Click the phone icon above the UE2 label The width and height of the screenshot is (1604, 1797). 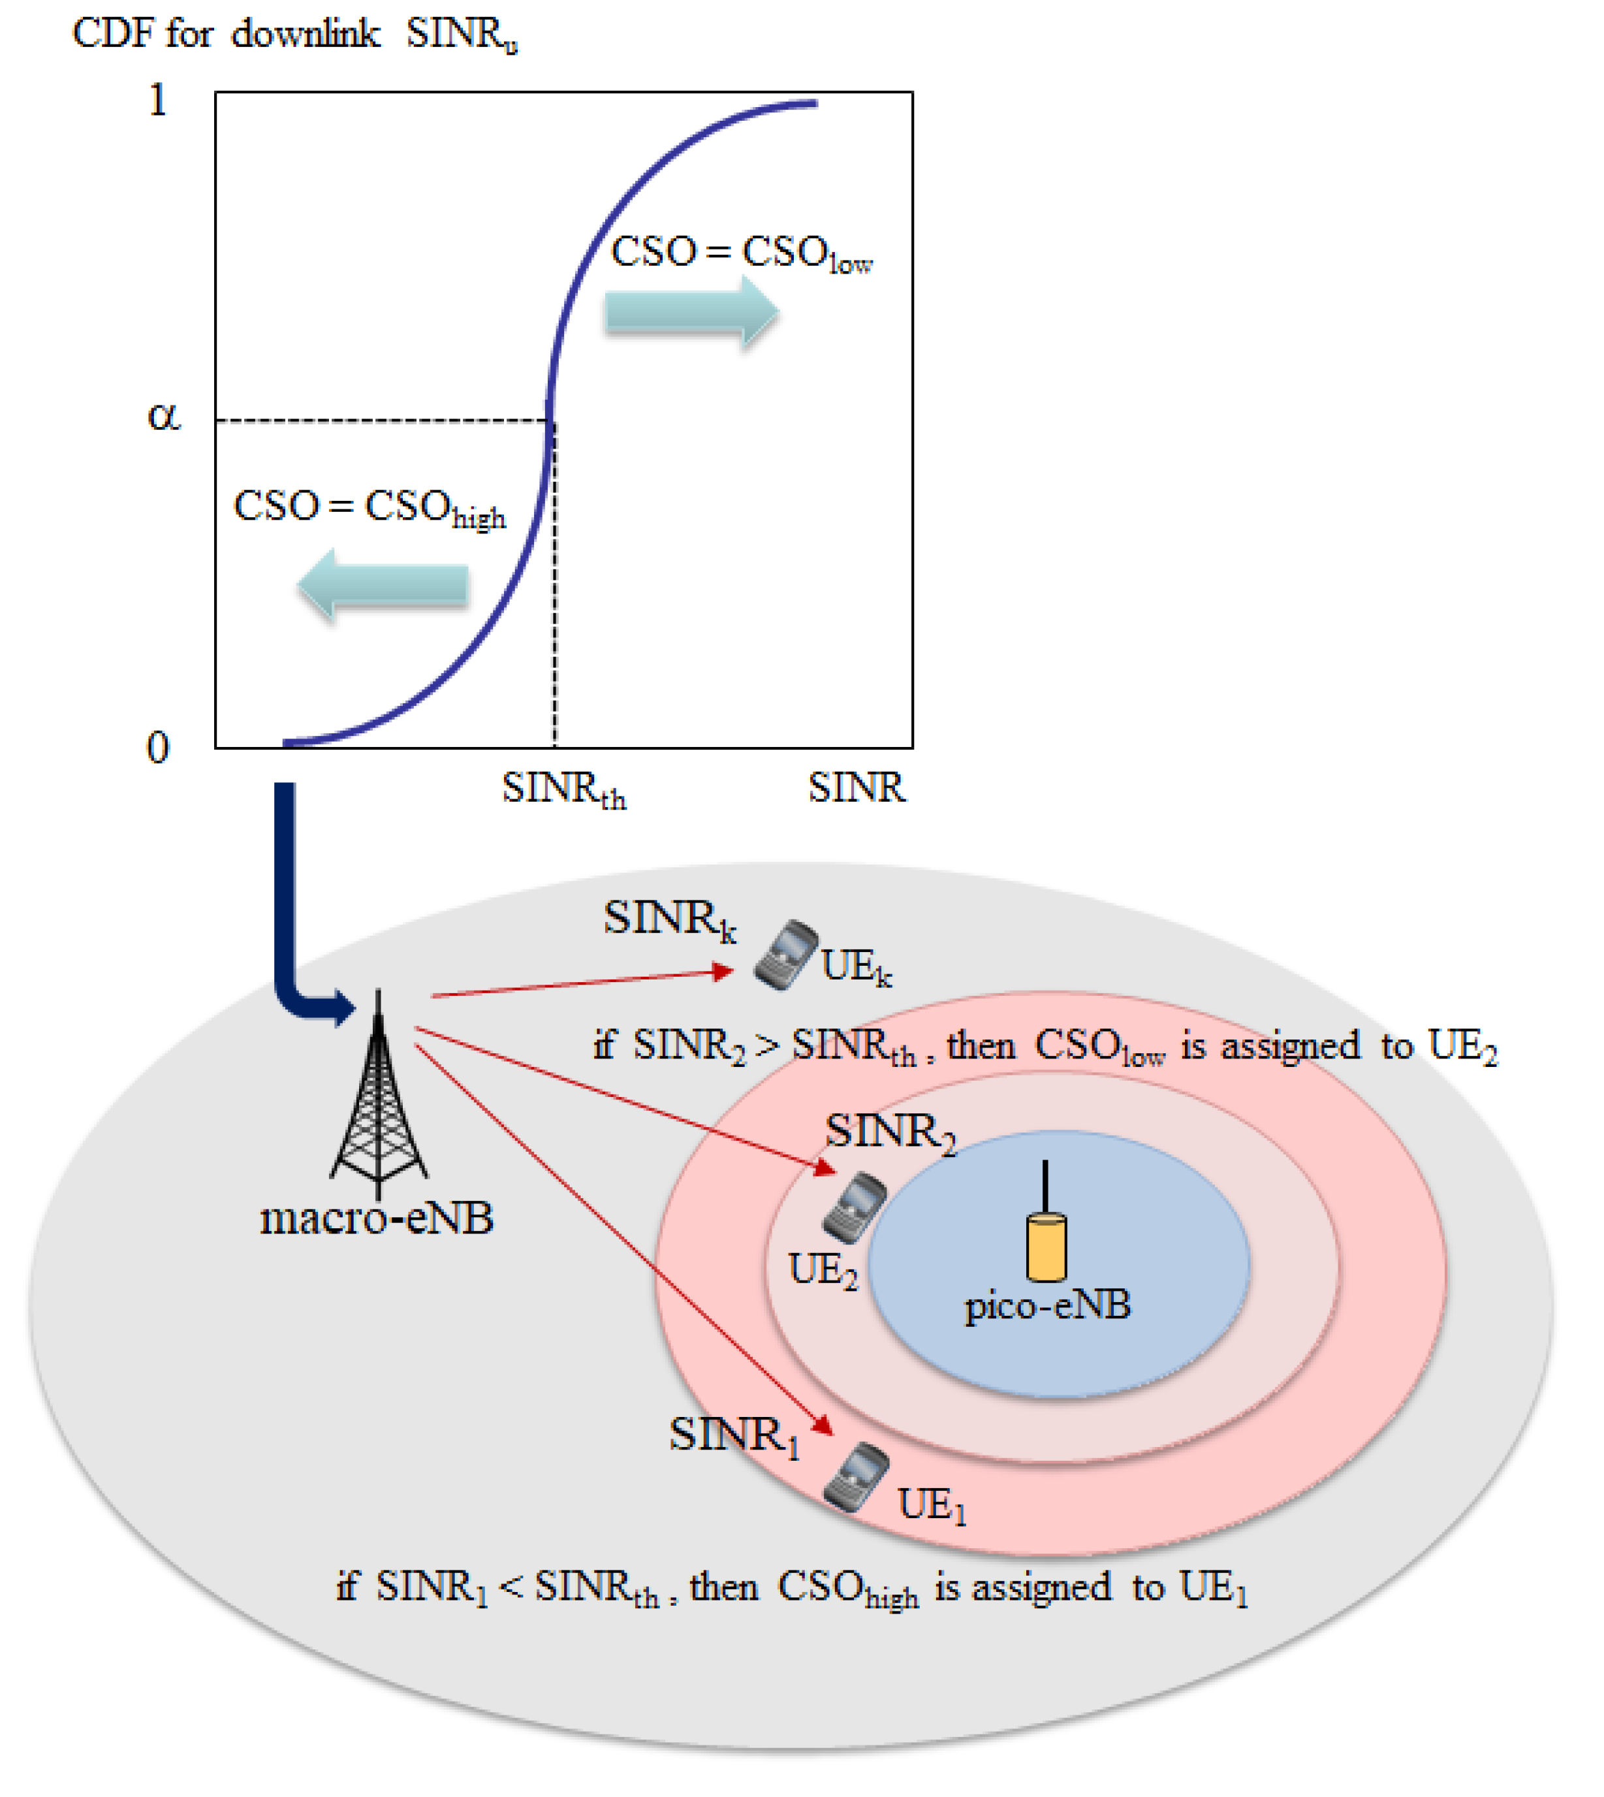(x=854, y=1207)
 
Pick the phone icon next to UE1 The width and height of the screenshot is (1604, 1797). (x=855, y=1477)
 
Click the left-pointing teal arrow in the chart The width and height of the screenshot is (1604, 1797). (x=383, y=584)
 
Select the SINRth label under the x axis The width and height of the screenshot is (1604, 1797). (x=564, y=789)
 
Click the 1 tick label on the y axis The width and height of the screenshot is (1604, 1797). (x=157, y=100)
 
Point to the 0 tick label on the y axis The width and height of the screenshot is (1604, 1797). (x=157, y=748)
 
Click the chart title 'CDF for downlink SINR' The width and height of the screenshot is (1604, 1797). (x=294, y=35)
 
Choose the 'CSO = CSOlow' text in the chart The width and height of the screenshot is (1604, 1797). (x=740, y=254)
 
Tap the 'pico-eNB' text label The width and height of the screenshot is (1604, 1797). (x=1047, y=1305)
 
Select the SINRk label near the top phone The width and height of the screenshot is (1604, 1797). (x=669, y=919)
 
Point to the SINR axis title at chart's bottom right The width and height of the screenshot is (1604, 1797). (x=856, y=787)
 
